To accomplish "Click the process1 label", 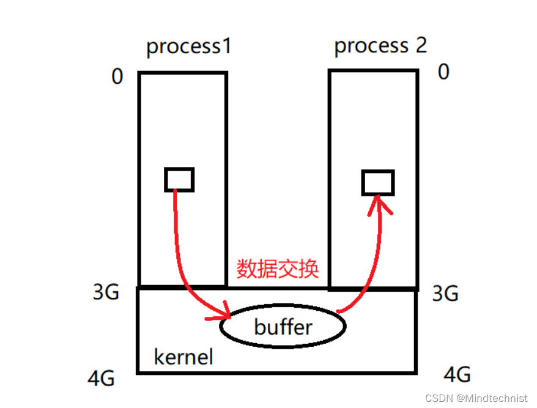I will [x=189, y=47].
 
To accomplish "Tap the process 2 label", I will [x=380, y=46].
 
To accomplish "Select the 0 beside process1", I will [x=117, y=76].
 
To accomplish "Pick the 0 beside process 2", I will [x=443, y=72].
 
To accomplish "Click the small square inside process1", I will [x=179, y=180].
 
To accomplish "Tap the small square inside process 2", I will [x=377, y=183].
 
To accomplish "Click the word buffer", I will [x=283, y=327].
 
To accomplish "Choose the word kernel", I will [x=183, y=357].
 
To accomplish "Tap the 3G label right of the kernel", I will [x=445, y=294].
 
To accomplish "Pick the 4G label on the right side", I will [x=456, y=374].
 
